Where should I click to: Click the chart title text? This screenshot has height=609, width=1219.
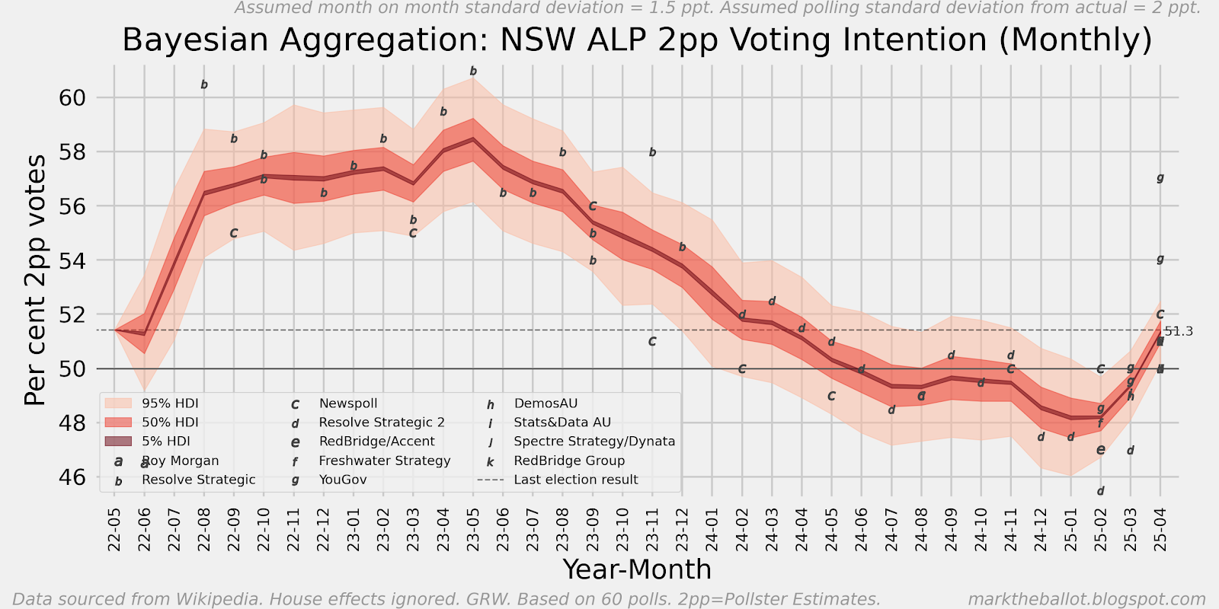pyautogui.click(x=637, y=40)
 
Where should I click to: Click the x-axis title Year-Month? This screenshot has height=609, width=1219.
pyautogui.click(x=637, y=569)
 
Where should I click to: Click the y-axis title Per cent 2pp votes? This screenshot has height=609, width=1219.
pyautogui.click(x=35, y=280)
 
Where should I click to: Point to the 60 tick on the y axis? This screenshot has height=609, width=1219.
pyautogui.click(x=73, y=98)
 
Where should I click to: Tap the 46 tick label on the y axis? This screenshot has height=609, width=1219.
pyautogui.click(x=73, y=477)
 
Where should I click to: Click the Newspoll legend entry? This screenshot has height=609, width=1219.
pyautogui.click(x=347, y=403)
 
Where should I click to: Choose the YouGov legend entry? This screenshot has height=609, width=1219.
pyautogui.click(x=342, y=480)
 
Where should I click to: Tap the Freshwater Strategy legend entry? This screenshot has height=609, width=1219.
pyautogui.click(x=384, y=461)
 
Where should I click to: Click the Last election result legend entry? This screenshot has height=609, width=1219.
pyautogui.click(x=575, y=480)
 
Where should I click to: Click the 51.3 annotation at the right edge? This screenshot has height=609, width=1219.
pyautogui.click(x=1179, y=331)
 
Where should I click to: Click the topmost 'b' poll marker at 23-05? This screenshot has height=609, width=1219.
pyautogui.click(x=473, y=72)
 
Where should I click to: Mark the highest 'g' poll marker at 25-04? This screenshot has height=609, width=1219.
pyautogui.click(x=1160, y=178)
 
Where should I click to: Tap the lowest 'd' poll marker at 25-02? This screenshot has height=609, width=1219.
pyautogui.click(x=1101, y=491)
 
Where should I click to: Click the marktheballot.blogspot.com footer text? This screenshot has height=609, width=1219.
pyautogui.click(x=1086, y=599)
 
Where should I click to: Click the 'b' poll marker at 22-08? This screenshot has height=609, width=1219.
pyautogui.click(x=204, y=85)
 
